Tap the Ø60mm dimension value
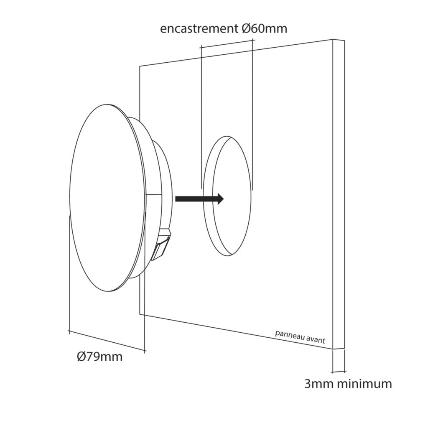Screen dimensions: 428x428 (x=265, y=28)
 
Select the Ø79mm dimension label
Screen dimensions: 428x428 (x=99, y=357)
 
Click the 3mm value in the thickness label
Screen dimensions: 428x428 (x=319, y=384)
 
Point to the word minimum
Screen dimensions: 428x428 (x=365, y=384)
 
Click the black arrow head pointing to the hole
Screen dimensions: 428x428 (x=220, y=199)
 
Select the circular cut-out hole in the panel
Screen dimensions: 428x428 (x=227, y=196)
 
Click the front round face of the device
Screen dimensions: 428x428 (x=108, y=198)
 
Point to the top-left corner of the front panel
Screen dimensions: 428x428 (x=140, y=66)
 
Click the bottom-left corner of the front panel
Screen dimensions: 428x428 (x=140, y=314)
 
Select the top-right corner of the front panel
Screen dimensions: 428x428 (x=333, y=39)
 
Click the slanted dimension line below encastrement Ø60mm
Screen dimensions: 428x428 (x=227, y=43)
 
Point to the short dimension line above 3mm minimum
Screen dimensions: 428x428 (x=339, y=371)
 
